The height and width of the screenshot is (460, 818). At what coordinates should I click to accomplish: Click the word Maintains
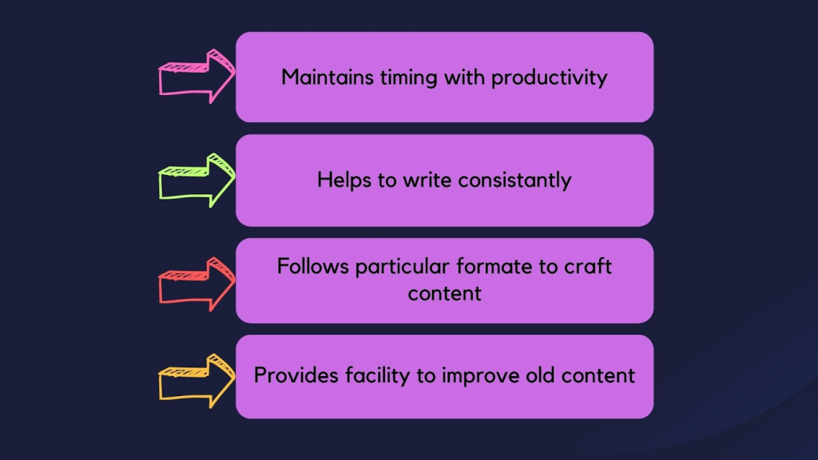(x=328, y=77)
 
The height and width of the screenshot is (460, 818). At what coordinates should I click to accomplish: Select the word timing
(x=408, y=78)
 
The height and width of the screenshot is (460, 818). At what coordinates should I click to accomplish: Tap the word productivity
(x=550, y=78)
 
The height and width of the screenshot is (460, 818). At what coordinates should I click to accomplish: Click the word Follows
(x=313, y=267)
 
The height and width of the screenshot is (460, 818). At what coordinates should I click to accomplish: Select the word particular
(x=403, y=268)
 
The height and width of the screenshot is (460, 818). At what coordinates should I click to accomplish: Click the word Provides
(x=296, y=375)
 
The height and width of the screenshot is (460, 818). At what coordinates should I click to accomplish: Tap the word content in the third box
(x=444, y=294)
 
